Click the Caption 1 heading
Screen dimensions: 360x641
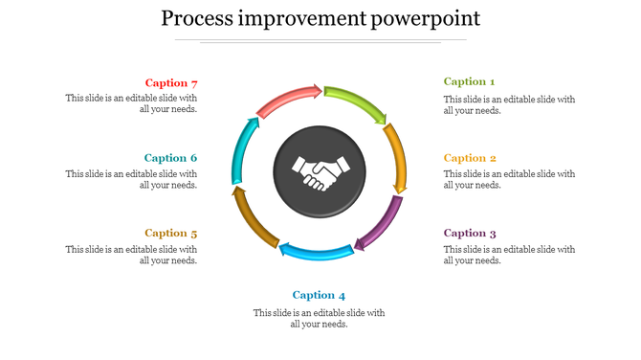469,82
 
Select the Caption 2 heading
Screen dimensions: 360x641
470,158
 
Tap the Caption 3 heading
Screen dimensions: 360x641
470,233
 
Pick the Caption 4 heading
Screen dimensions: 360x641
319,295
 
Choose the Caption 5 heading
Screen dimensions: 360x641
171,233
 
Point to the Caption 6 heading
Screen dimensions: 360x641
171,158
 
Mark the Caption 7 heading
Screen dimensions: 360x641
171,83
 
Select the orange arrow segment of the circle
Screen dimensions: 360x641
396,156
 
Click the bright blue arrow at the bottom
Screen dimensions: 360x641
316,252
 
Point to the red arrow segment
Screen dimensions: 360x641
290,98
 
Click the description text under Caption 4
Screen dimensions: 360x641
319,318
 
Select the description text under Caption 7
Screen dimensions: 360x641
131,103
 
